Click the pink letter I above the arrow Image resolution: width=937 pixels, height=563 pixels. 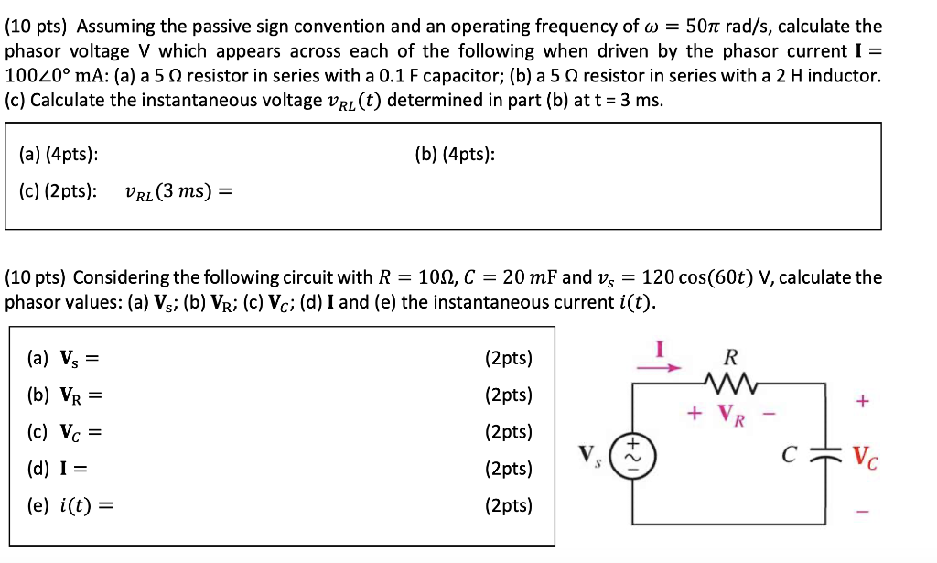point(658,348)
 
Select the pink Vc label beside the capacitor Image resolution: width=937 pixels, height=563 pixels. point(867,455)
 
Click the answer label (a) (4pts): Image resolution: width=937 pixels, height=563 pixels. point(59,155)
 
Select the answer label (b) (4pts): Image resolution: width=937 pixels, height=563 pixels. point(455,155)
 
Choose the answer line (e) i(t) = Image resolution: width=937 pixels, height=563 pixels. point(69,505)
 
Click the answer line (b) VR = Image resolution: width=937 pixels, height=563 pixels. point(63,395)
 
